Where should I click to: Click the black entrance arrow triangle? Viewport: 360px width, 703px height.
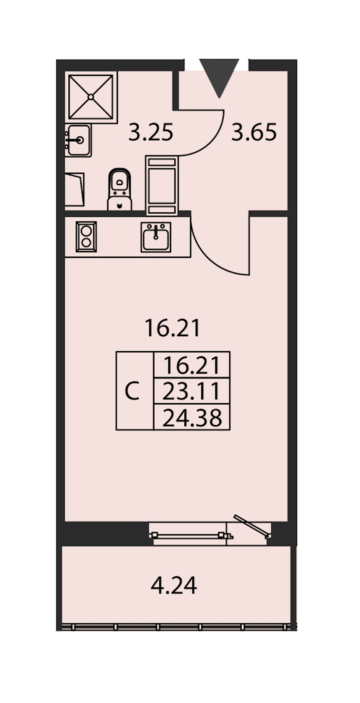point(219,76)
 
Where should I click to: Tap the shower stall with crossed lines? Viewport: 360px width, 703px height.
point(91,97)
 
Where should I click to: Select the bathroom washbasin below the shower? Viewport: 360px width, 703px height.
point(78,140)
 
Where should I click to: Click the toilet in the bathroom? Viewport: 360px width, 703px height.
point(120,189)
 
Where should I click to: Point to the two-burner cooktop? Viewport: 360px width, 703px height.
point(86,237)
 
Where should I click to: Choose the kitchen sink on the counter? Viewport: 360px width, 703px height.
point(156,237)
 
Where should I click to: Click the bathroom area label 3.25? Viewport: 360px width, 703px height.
point(151,132)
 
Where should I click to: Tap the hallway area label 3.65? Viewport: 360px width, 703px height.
point(254,132)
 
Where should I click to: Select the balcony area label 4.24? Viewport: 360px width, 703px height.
point(174,586)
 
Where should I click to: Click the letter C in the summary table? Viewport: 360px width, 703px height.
point(132,391)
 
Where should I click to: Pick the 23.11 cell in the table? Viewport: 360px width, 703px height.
point(192,391)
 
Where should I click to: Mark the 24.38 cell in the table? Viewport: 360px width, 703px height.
point(192,418)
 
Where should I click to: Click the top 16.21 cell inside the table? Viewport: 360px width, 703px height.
point(192,365)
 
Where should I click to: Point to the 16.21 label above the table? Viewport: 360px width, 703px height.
point(172,328)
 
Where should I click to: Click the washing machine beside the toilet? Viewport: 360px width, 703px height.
point(162,186)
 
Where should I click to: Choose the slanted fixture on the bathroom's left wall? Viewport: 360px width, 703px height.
point(75,190)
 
